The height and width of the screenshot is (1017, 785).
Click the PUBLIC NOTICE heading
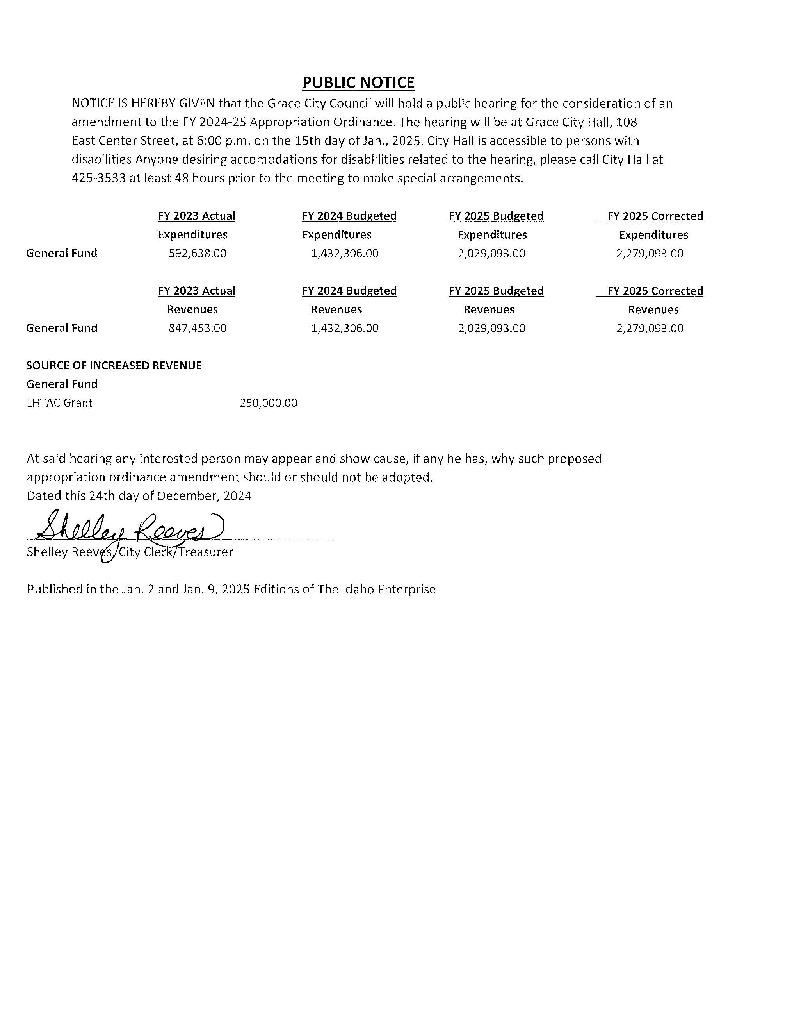point(358,82)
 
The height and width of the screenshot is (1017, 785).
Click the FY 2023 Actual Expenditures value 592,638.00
point(197,253)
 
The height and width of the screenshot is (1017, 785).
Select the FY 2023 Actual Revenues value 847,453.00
point(197,328)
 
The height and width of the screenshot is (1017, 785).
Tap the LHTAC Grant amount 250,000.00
point(269,403)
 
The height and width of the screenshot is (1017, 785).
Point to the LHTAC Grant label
point(60,403)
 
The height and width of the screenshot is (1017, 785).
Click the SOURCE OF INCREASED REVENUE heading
point(114,366)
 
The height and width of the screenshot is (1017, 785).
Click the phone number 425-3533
point(99,178)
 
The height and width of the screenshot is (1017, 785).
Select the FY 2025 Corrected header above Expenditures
point(655,216)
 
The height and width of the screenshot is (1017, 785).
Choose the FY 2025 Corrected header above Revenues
point(655,291)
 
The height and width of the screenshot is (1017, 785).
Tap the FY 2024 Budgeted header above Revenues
point(349,291)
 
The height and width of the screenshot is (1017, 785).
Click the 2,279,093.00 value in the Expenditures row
point(650,253)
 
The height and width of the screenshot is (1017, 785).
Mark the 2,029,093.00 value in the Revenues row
point(491,328)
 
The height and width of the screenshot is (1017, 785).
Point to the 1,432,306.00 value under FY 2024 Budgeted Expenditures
point(344,253)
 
